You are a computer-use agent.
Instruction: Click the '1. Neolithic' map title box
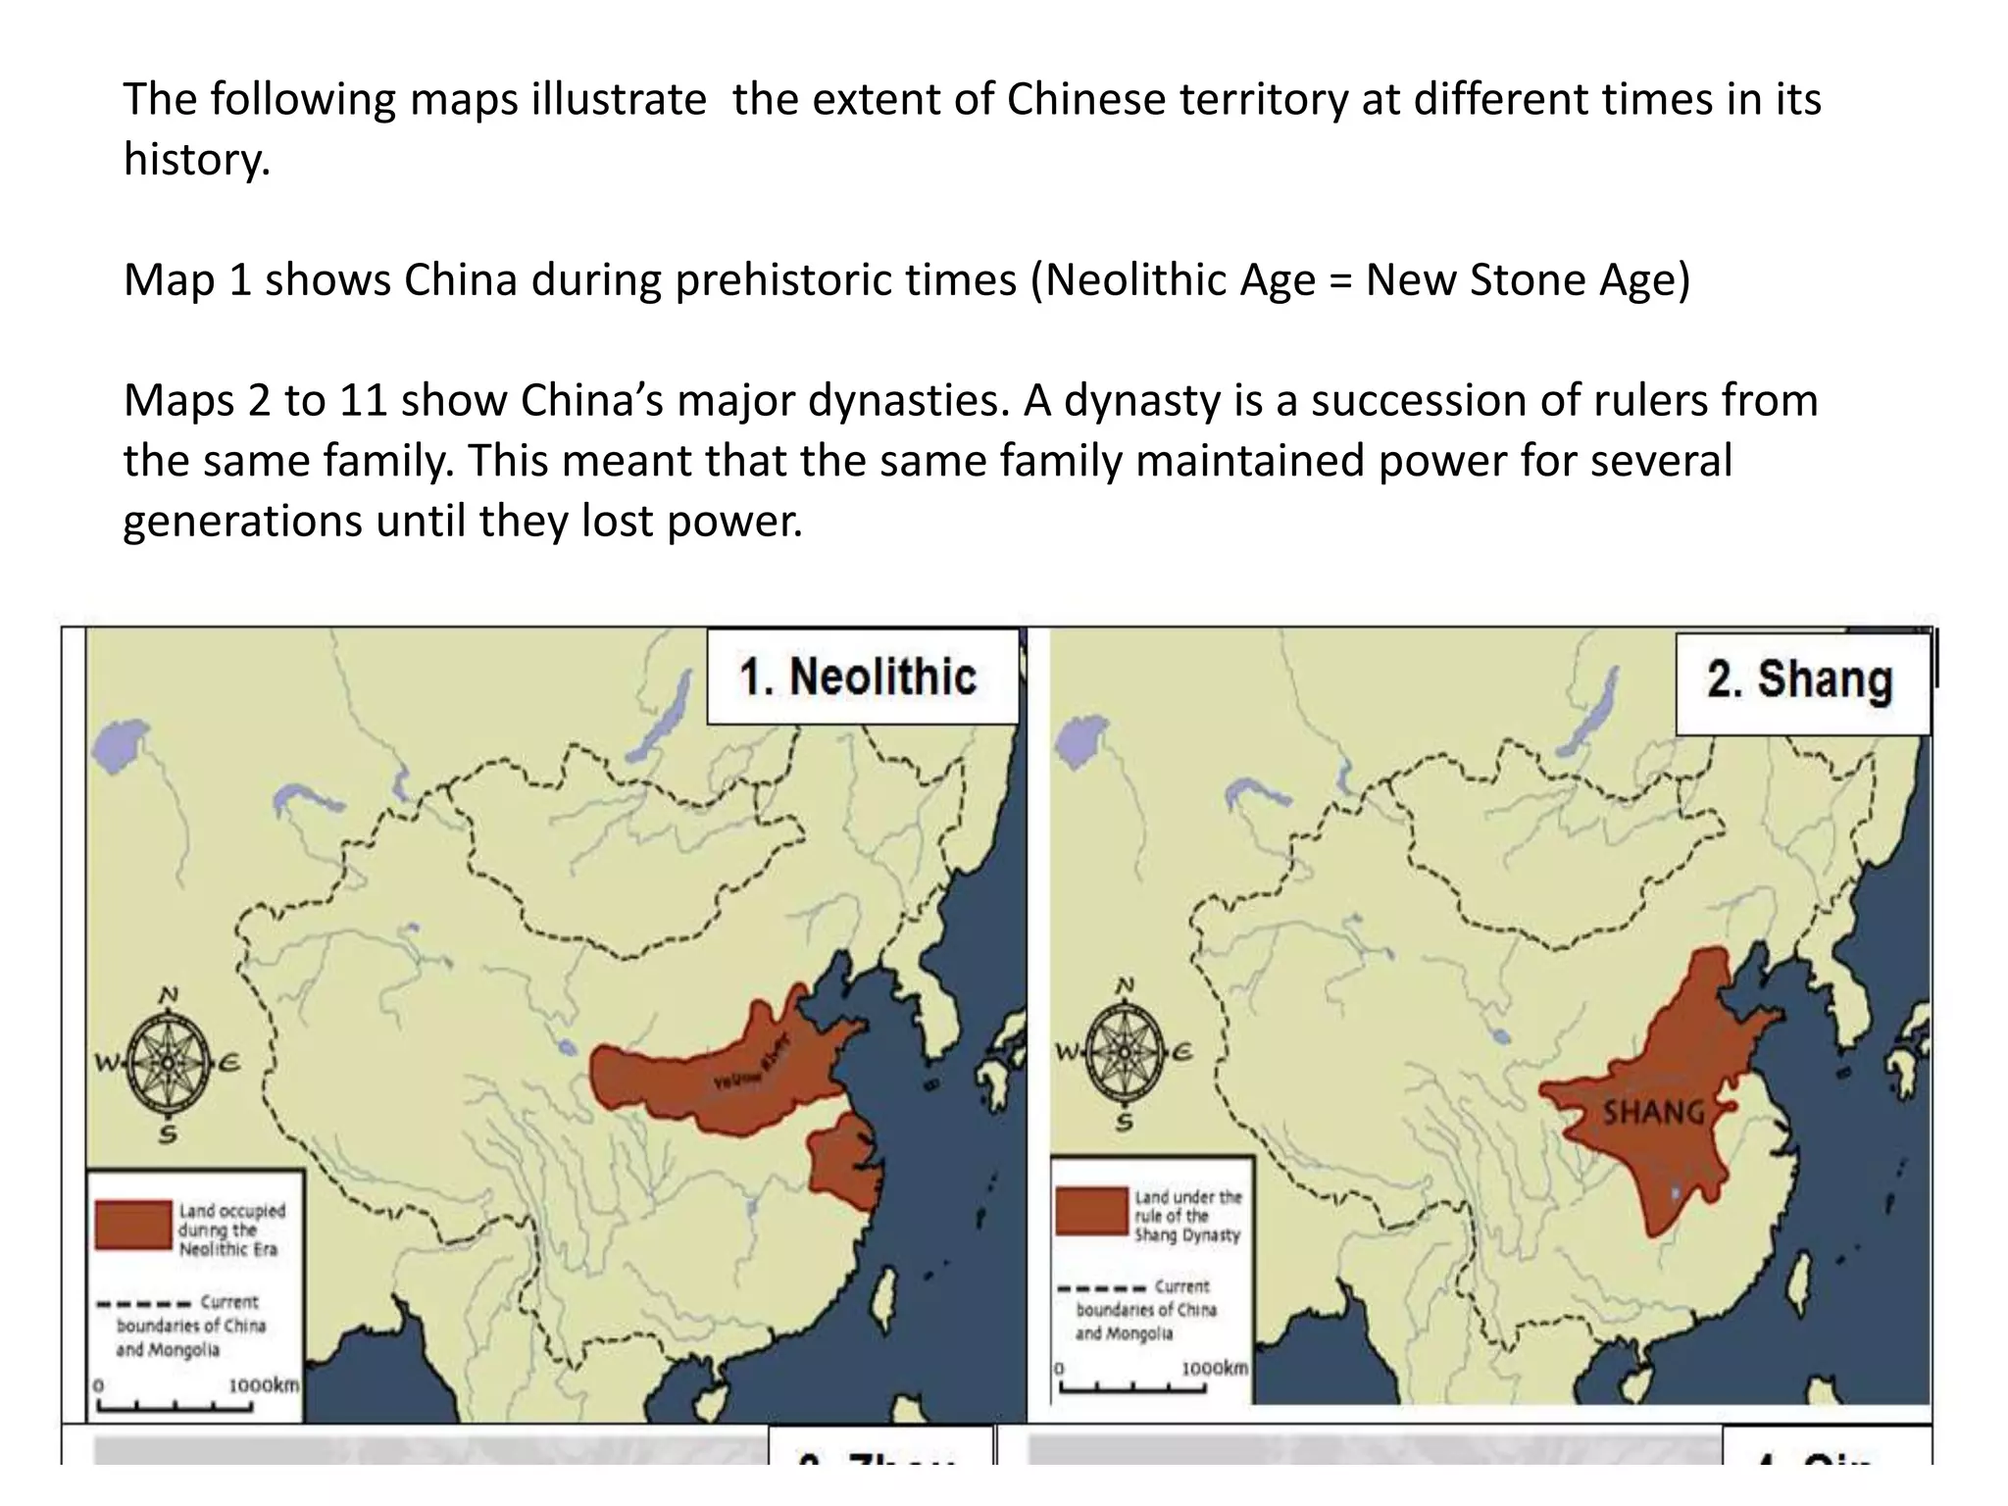(861, 678)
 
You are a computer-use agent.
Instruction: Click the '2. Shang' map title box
(1800, 681)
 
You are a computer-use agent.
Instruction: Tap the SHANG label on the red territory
(1653, 1113)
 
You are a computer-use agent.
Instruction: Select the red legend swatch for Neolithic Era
(133, 1225)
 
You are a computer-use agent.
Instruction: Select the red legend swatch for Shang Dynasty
(1091, 1211)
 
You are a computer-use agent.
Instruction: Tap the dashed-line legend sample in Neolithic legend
(142, 1305)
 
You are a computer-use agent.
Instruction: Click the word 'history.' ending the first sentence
(196, 160)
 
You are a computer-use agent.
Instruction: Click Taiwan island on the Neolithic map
(893, 1293)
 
